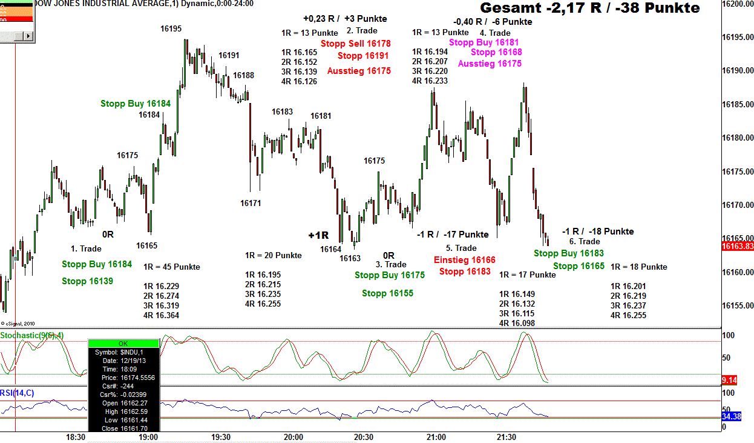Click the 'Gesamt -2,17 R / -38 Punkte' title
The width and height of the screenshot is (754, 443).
pos(590,8)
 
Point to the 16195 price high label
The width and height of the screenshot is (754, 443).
pos(171,28)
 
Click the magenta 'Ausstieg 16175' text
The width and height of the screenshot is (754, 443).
pos(490,63)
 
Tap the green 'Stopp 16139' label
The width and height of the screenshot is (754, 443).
pos(87,281)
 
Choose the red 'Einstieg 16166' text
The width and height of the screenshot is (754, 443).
pos(464,260)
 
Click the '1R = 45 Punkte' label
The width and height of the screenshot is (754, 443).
pos(171,267)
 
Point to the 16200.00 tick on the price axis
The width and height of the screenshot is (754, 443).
pos(738,4)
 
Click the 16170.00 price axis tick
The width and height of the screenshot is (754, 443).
pos(738,205)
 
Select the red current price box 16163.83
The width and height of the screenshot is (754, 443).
pos(738,246)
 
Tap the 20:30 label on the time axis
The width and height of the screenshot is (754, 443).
pos(364,437)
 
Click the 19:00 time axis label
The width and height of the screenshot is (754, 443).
pos(148,437)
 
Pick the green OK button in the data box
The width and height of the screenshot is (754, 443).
pos(123,344)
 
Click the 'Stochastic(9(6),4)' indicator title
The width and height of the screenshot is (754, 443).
pos(31,335)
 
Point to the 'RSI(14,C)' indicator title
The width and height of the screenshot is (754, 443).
pos(18,393)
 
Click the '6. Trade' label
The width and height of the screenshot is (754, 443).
pos(584,241)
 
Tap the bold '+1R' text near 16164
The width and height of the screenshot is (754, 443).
pos(318,235)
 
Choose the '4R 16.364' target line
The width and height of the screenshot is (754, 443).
pos(161,315)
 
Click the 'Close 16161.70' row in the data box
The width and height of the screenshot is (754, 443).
pos(123,428)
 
